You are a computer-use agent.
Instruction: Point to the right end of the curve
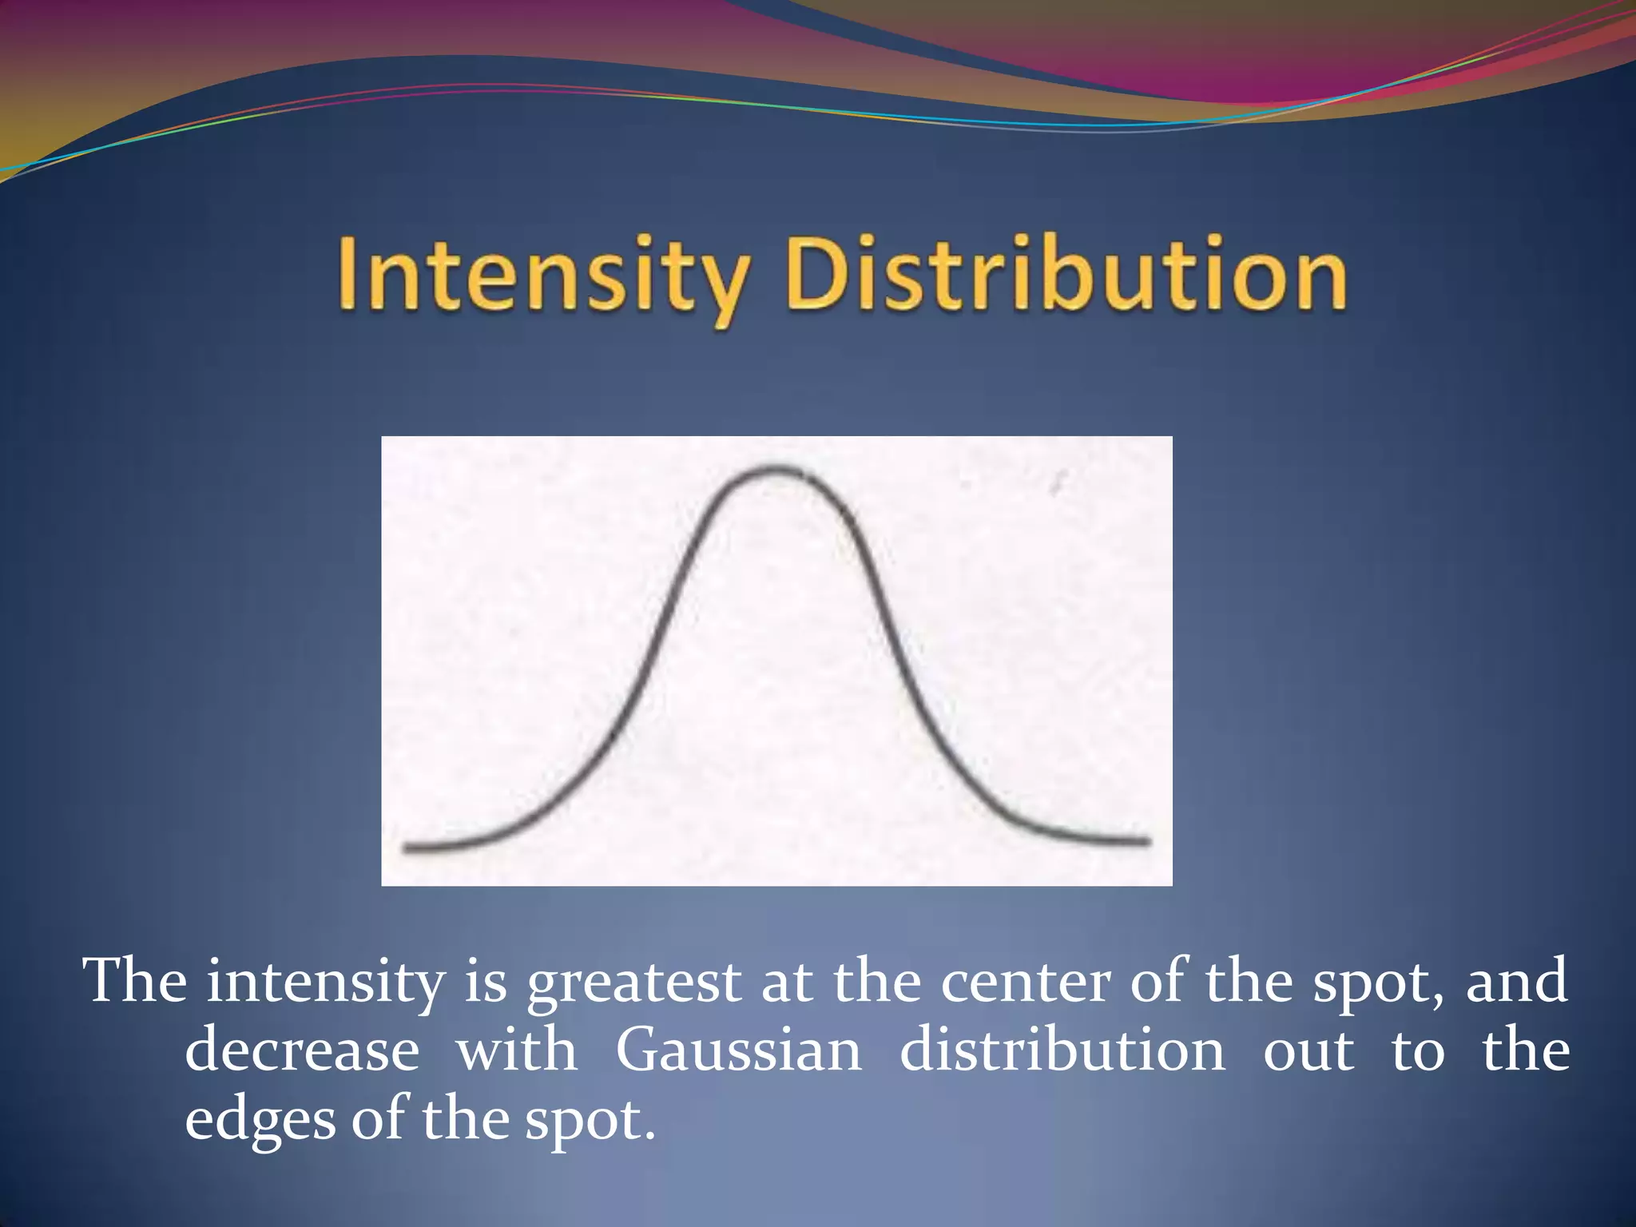tap(1147, 841)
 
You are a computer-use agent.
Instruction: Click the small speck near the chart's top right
tap(1059, 482)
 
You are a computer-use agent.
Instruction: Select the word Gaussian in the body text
tap(739, 1050)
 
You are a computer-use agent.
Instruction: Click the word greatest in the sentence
tap(633, 983)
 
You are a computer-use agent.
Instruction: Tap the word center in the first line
tap(1026, 983)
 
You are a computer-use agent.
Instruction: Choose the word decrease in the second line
tap(302, 1050)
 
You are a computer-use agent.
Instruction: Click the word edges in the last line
tap(260, 1120)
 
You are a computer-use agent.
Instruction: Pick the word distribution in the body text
tap(1062, 1050)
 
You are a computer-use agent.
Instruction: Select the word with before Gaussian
tap(517, 1050)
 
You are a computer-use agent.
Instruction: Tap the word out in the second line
tap(1308, 1051)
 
